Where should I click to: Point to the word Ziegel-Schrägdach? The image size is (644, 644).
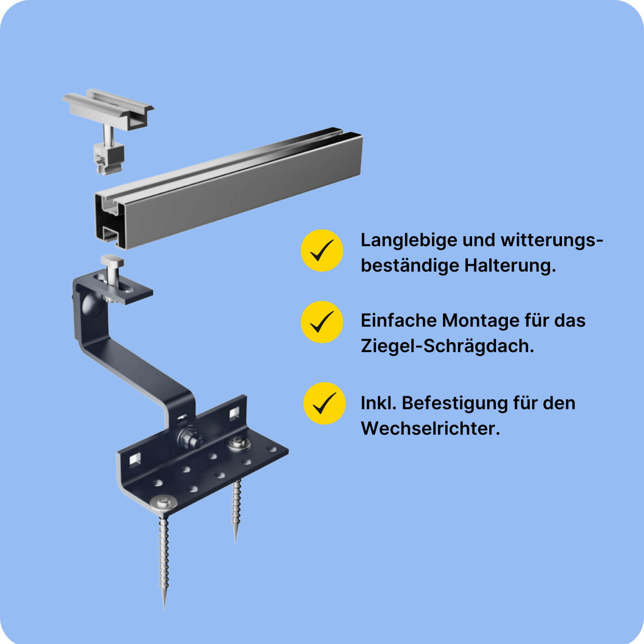pos(447,346)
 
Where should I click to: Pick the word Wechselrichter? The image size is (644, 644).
pos(430,428)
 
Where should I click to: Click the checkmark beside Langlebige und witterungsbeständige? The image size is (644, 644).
pos(322,251)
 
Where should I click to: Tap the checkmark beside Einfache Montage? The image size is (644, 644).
pos(322,322)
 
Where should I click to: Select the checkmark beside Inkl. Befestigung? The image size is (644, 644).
pos(325,404)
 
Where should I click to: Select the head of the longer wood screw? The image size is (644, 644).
pos(164,502)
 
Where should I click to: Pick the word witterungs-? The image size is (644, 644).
pos(552,241)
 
